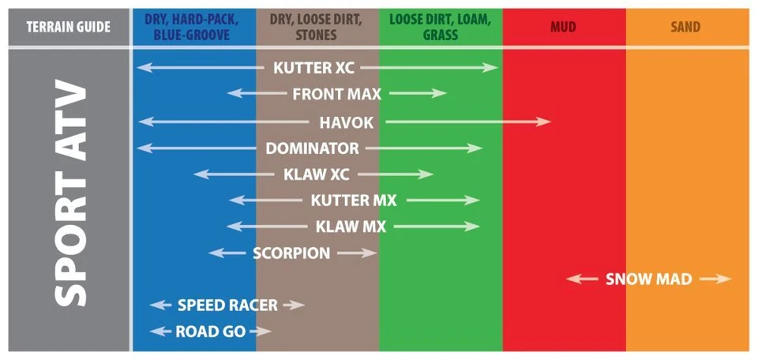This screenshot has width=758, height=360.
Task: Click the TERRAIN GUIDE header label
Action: pyautogui.click(x=68, y=27)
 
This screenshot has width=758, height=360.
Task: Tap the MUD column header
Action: pyautogui.click(x=563, y=27)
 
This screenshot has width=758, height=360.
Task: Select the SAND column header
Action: pyautogui.click(x=685, y=27)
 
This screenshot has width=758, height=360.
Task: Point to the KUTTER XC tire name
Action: pyautogui.click(x=313, y=68)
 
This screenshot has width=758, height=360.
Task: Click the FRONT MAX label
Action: pyautogui.click(x=336, y=94)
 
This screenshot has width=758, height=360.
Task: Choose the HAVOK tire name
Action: pyautogui.click(x=346, y=122)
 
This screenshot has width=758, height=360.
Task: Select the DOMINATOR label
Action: pyautogui.click(x=312, y=148)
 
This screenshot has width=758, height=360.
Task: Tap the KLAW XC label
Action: pyautogui.click(x=316, y=174)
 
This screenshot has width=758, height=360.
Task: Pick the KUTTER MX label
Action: pyautogui.click(x=353, y=201)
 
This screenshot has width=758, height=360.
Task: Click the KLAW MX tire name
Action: pyautogui.click(x=351, y=227)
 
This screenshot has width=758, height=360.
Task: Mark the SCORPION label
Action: pyautogui.click(x=291, y=253)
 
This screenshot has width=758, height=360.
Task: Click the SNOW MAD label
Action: pyautogui.click(x=648, y=279)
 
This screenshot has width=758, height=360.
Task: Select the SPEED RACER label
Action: pyautogui.click(x=227, y=305)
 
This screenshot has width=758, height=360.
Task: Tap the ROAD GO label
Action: pyautogui.click(x=210, y=331)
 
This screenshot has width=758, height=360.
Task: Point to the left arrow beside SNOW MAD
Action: pyautogui.click(x=581, y=279)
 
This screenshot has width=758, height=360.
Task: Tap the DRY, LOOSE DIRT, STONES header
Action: pyautogui.click(x=317, y=27)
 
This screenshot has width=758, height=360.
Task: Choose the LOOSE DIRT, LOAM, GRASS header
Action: pyautogui.click(x=440, y=27)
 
